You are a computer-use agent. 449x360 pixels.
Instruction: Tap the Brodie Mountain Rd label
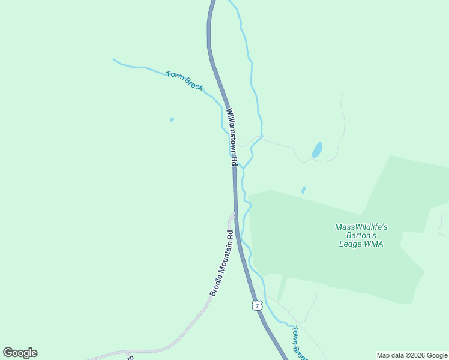pyautogui.click(x=221, y=263)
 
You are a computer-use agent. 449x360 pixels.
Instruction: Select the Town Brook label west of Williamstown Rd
pyautogui.click(x=185, y=81)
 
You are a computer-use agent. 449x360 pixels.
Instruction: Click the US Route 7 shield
pyautogui.click(x=257, y=305)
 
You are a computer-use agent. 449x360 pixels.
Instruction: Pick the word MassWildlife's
pyautogui.click(x=361, y=227)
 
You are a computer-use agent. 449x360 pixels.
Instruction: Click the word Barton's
pyautogui.click(x=361, y=235)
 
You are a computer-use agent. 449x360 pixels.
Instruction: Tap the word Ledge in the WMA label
pyautogui.click(x=350, y=244)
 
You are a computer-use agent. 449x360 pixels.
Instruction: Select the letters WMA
pyautogui.click(x=373, y=244)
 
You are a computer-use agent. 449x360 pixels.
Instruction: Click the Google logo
pyautogui.click(x=20, y=353)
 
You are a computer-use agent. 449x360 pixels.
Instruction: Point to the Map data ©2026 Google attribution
pyautogui.click(x=412, y=355)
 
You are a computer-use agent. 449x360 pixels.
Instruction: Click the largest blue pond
pyautogui.click(x=317, y=149)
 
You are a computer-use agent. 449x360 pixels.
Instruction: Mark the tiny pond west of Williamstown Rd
pyautogui.click(x=172, y=119)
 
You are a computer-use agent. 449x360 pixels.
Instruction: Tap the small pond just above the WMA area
pyautogui.click(x=303, y=190)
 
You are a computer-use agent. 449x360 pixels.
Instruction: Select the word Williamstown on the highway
pyautogui.click(x=232, y=131)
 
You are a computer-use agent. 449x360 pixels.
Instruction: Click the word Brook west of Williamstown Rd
pyautogui.click(x=194, y=85)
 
